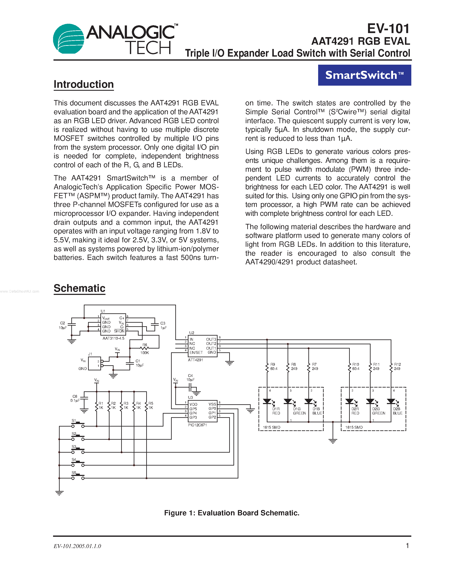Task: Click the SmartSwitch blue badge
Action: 364,75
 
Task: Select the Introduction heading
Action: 84,84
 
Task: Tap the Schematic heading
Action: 79,288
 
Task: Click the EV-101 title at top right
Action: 388,29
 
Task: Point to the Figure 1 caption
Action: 232,513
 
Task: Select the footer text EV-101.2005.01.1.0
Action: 77,546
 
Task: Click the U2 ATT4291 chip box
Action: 203,346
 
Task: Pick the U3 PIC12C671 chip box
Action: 202,411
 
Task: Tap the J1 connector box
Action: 94,363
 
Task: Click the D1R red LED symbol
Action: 267,401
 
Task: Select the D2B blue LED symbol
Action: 391,401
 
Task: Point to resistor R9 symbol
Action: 267,367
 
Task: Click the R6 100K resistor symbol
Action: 145,348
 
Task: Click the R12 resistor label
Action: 398,364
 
